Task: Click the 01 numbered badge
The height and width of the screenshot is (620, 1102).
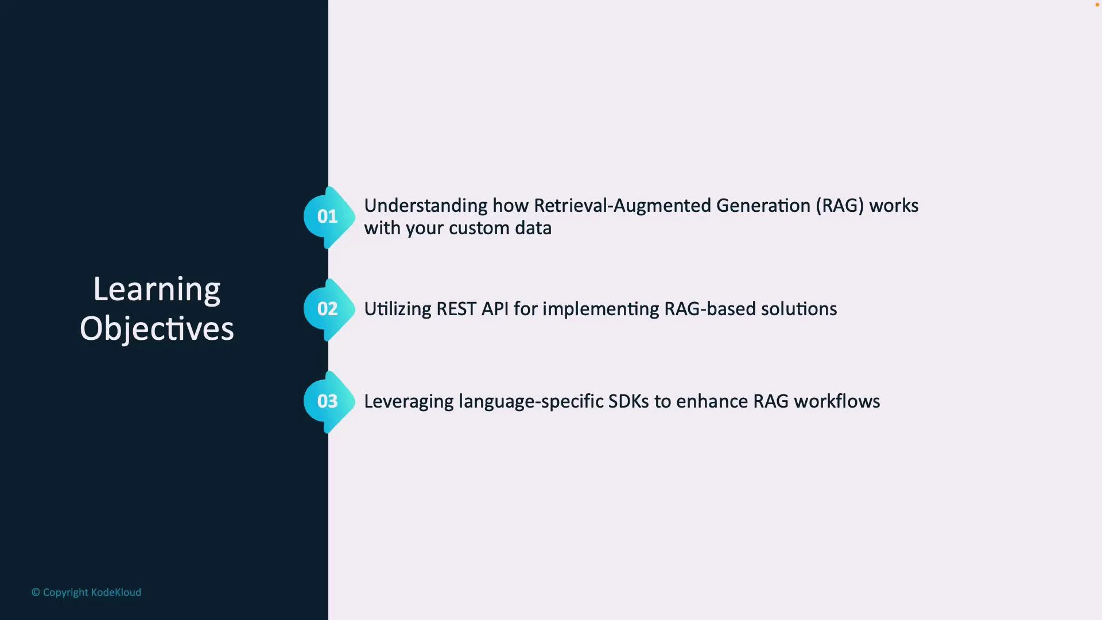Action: [x=328, y=216]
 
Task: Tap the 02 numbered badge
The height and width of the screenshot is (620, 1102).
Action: [x=328, y=309]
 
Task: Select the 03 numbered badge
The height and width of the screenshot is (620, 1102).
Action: [x=328, y=401]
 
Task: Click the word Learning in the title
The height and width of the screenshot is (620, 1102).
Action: [x=157, y=290]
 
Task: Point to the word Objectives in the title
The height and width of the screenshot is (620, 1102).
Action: [x=157, y=329]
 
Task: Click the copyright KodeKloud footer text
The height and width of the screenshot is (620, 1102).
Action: [x=86, y=592]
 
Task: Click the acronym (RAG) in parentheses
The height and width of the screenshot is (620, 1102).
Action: [x=840, y=206]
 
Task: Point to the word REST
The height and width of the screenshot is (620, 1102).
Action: [x=456, y=309]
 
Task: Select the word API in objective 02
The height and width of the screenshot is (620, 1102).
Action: [x=495, y=309]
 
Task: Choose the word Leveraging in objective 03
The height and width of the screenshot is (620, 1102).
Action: [x=409, y=401]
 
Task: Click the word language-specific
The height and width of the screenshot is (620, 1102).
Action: [x=530, y=401]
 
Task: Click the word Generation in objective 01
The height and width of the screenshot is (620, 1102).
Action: [x=763, y=206]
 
